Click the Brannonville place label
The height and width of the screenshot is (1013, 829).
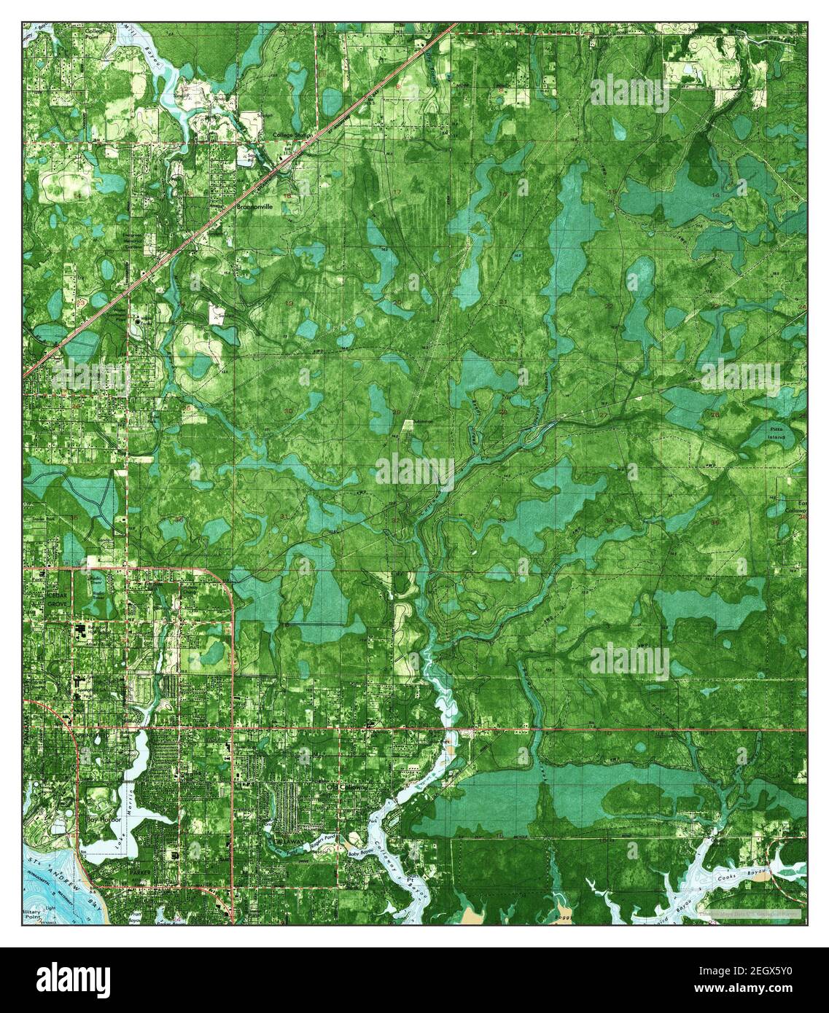[254, 207]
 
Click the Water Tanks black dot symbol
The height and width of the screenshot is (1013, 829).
[138, 321]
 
